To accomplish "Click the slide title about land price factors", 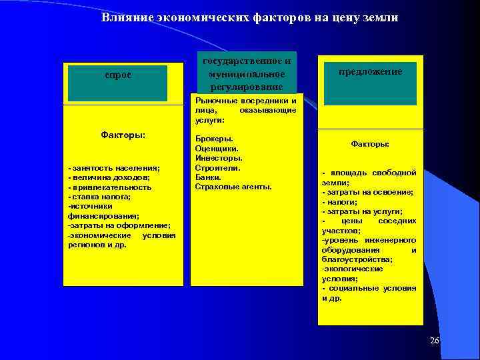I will [x=249, y=18].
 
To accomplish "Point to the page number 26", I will [x=435, y=341].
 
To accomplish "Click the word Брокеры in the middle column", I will [x=214, y=139].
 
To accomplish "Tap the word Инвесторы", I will [x=218, y=158].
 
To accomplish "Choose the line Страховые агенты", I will [x=233, y=187].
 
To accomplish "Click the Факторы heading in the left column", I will [x=123, y=135].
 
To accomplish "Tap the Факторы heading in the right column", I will [x=370, y=143].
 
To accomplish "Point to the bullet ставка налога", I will [x=100, y=197].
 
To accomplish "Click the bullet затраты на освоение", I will [x=367, y=191].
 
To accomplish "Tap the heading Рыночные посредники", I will [x=245, y=101].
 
